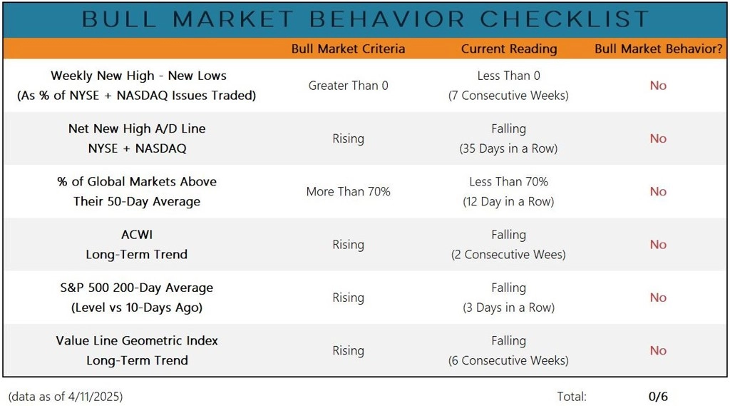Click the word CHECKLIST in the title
[x=565, y=19]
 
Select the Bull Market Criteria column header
[x=348, y=49]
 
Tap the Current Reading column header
[x=509, y=49]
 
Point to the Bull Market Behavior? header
[x=658, y=49]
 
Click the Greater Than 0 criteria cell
[x=348, y=86]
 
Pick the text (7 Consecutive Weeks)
[x=508, y=96]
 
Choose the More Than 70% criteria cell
[x=348, y=191]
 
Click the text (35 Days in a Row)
[x=508, y=148]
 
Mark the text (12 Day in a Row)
[x=508, y=202]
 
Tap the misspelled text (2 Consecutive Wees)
[x=508, y=255]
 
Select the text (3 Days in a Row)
[x=508, y=308]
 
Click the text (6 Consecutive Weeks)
[x=508, y=361]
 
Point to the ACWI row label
[x=137, y=235]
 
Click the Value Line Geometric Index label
[x=137, y=341]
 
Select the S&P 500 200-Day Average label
[x=137, y=288]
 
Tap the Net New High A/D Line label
[x=137, y=128]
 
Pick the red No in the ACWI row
[x=658, y=245]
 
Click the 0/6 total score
[x=658, y=397]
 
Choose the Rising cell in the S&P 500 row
[x=348, y=298]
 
